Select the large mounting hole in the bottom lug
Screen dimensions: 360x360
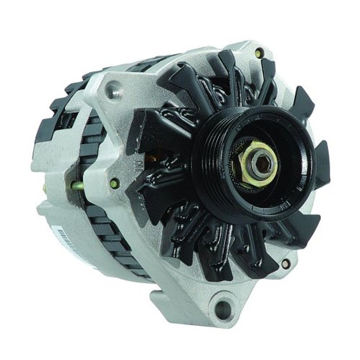pyautogui.click(x=223, y=310)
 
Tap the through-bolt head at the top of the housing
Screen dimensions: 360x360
pyautogui.click(x=258, y=53)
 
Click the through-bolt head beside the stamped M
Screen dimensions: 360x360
pyautogui.click(x=115, y=183)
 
